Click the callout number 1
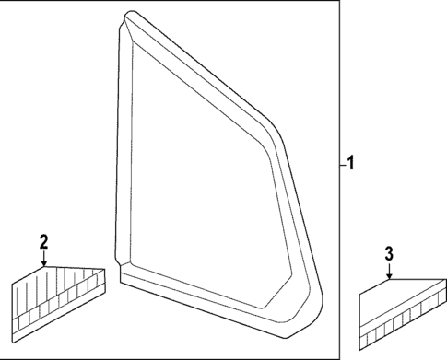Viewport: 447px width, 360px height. coord(350,165)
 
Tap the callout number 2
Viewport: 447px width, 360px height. coord(42,242)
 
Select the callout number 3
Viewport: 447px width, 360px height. coord(389,252)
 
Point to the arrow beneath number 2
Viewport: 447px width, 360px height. coord(42,260)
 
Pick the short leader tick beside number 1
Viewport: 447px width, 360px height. coord(340,165)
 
